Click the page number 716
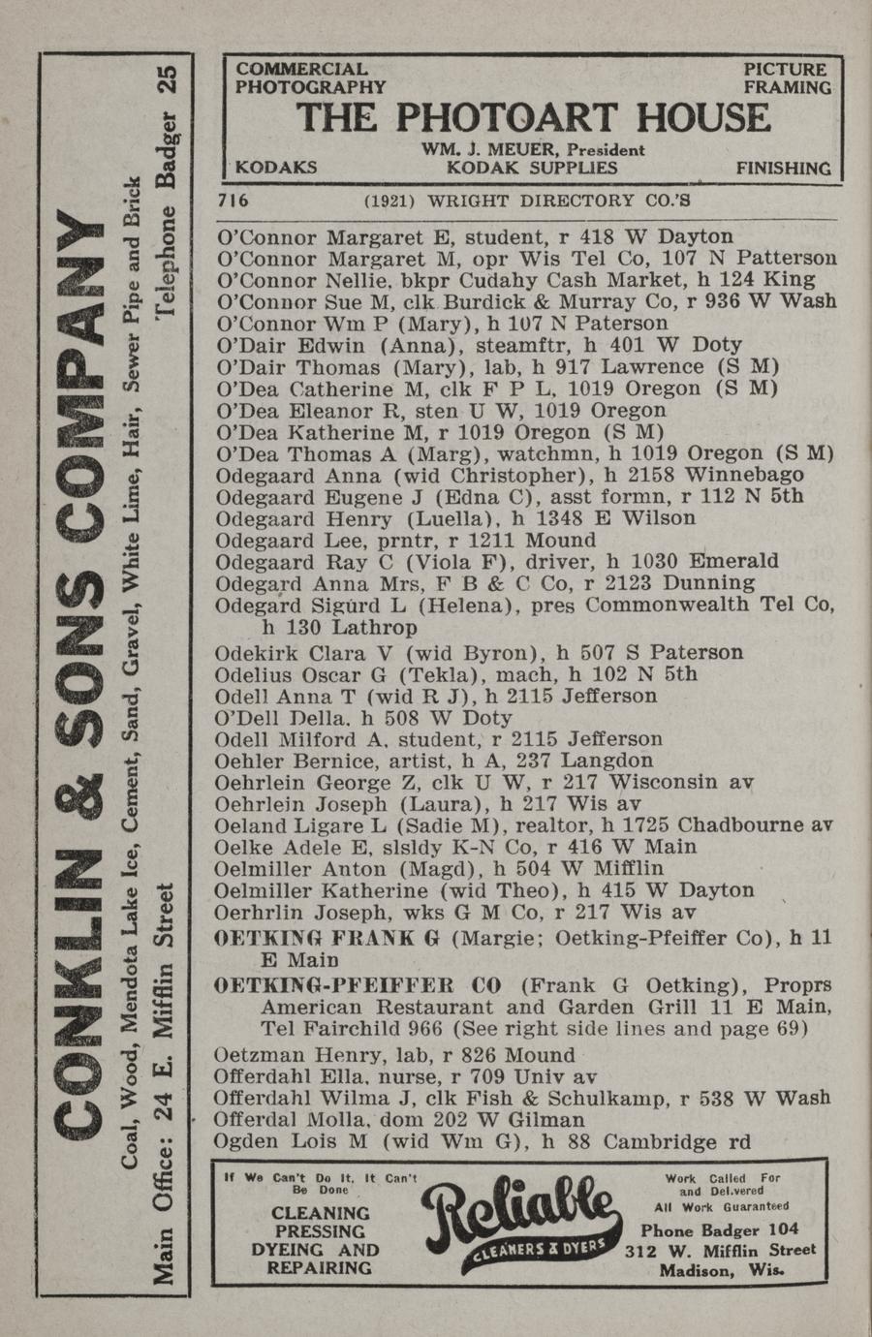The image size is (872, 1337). [234, 201]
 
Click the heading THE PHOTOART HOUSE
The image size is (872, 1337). [533, 118]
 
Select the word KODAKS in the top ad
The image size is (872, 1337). [276, 167]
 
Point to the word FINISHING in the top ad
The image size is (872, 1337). [783, 168]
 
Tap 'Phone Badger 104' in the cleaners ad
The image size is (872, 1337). [721, 1230]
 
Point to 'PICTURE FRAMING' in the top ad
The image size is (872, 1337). [787, 78]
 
